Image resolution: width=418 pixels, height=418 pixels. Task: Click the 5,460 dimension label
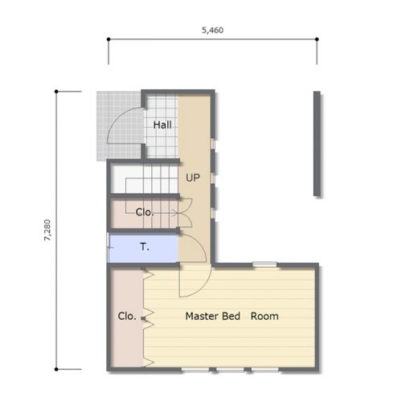coord(212,30)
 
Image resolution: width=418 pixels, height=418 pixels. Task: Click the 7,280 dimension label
coord(47,230)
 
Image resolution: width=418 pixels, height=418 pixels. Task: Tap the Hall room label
coord(162,125)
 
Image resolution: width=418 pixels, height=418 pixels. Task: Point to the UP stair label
coord(193,178)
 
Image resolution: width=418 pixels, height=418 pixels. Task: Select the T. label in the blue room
coord(145,247)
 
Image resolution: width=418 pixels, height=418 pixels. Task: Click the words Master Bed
coord(213,316)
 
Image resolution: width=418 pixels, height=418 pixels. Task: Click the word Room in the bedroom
coord(264,316)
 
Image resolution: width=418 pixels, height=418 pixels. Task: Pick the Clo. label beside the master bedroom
coord(127,316)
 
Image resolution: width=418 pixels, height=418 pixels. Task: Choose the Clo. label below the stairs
coord(145,212)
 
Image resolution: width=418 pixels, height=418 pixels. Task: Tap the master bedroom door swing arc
coord(203,288)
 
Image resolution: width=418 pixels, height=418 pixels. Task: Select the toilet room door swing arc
coord(199,243)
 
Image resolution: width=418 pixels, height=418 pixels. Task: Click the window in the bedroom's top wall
coord(264,264)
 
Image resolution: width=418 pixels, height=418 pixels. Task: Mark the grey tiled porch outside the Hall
coord(120,126)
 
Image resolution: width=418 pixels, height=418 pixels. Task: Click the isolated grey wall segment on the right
coord(317,144)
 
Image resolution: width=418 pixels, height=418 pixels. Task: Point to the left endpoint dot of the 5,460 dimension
coord(109,39)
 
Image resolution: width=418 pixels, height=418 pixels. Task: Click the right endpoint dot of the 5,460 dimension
coord(317,39)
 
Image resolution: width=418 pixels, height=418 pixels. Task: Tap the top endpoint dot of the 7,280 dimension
coord(56,92)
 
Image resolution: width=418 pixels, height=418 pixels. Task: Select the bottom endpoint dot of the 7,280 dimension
coord(56,369)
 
